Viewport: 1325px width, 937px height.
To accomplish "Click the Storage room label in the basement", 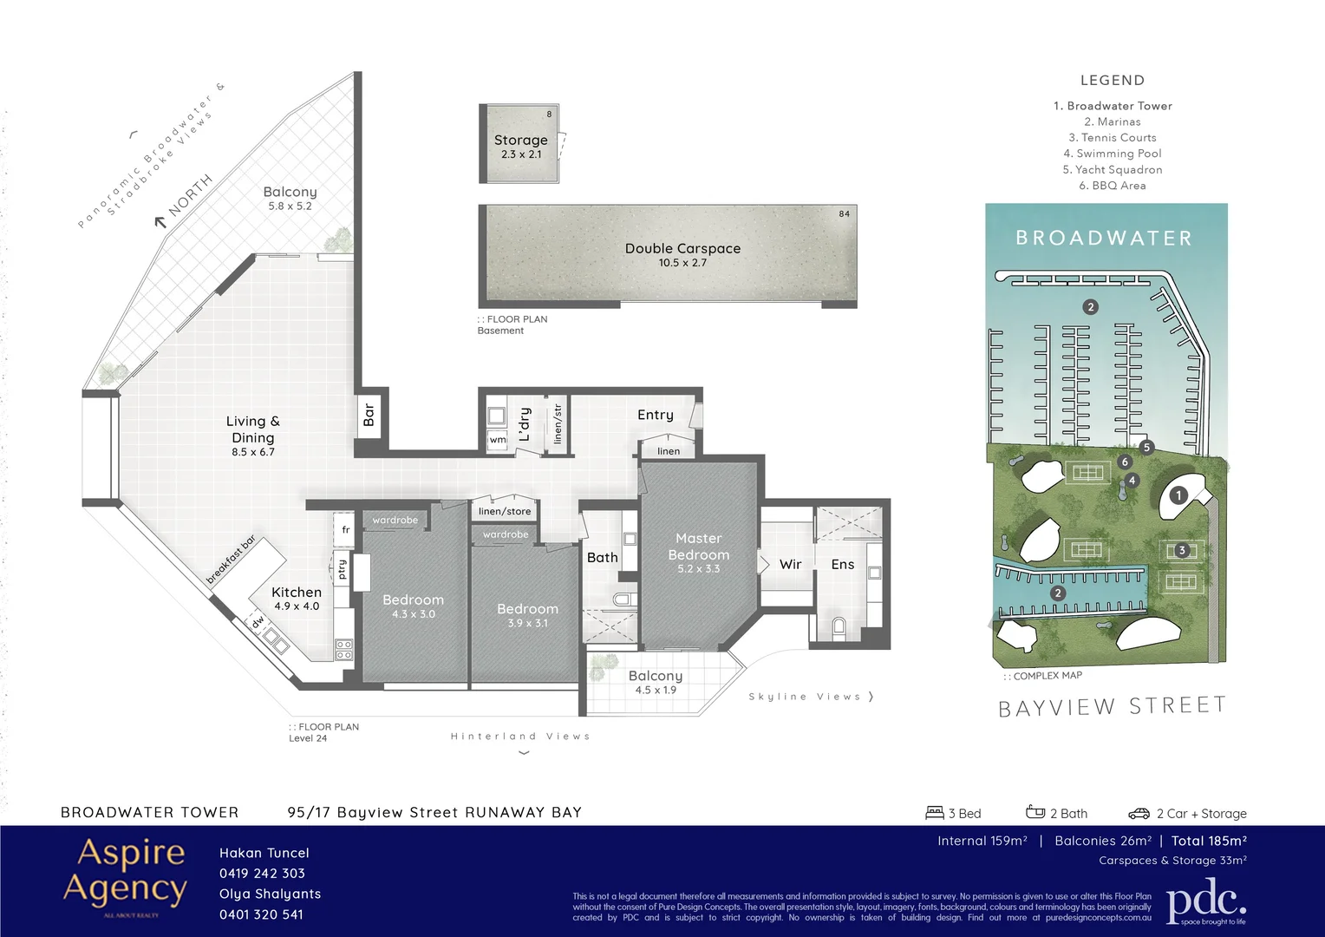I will point(520,141).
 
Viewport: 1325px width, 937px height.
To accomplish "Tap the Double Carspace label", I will point(682,249).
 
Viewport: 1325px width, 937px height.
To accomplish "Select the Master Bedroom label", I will point(698,547).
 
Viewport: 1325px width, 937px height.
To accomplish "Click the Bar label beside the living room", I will point(369,414).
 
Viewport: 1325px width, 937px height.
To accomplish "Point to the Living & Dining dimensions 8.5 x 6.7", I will point(252,452).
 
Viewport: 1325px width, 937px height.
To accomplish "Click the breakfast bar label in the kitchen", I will point(231,560).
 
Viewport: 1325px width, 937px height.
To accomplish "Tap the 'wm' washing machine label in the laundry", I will point(497,440).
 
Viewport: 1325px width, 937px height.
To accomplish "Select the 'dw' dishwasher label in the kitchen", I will point(258,621).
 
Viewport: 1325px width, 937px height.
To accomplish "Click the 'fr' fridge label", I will point(345,529).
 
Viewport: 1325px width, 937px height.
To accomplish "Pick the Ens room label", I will point(842,565).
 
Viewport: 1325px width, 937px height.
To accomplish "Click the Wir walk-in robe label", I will point(790,565).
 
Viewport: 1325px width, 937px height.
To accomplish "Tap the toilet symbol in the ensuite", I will point(839,626).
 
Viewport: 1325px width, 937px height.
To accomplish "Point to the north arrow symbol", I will point(160,222).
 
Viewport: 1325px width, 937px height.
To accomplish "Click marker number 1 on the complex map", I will point(1178,495).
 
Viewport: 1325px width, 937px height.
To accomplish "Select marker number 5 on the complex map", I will point(1146,448).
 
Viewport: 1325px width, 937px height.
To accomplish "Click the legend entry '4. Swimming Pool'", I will point(1113,154).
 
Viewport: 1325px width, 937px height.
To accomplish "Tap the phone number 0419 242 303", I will point(262,874).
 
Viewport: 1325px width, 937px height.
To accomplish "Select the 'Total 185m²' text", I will point(1209,841).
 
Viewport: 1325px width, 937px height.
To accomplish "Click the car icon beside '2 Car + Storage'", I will point(1139,814).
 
